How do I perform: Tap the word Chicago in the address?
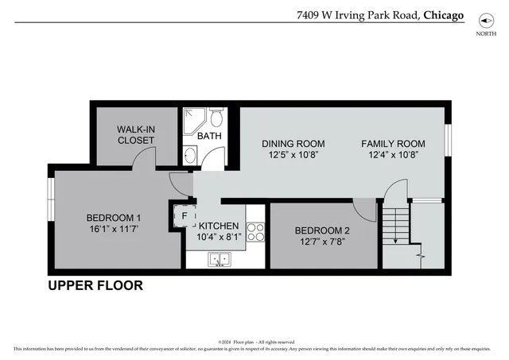click(x=444, y=14)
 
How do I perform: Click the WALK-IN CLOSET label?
click(x=135, y=134)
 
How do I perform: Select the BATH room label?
click(x=209, y=136)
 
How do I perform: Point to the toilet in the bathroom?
click(x=216, y=118)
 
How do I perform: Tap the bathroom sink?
click(x=190, y=156)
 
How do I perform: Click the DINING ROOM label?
click(x=293, y=144)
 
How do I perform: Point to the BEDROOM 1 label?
click(x=114, y=219)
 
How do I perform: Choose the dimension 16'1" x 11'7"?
click(x=114, y=230)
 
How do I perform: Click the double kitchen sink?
click(x=219, y=259)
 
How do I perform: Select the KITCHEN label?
click(x=219, y=226)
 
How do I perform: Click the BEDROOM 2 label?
click(x=322, y=231)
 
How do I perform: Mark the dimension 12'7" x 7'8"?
click(x=322, y=243)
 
